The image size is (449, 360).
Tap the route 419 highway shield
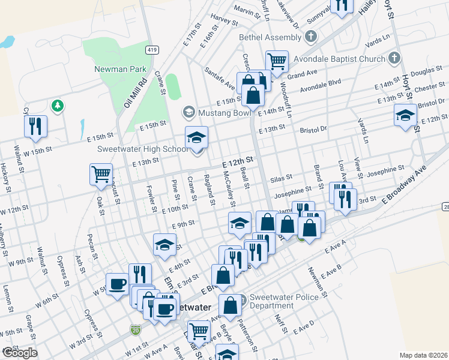pyautogui.click(x=152, y=49)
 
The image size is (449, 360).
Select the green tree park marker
pyautogui.click(x=58, y=106)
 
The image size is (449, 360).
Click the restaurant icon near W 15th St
pyautogui.click(x=34, y=125)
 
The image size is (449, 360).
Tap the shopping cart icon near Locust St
pyautogui.click(x=100, y=174)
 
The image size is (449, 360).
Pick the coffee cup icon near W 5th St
pyautogui.click(x=116, y=283)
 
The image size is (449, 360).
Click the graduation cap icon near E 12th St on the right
pyautogui.click(x=405, y=115)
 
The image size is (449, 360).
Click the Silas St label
pyautogui.click(x=280, y=178)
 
